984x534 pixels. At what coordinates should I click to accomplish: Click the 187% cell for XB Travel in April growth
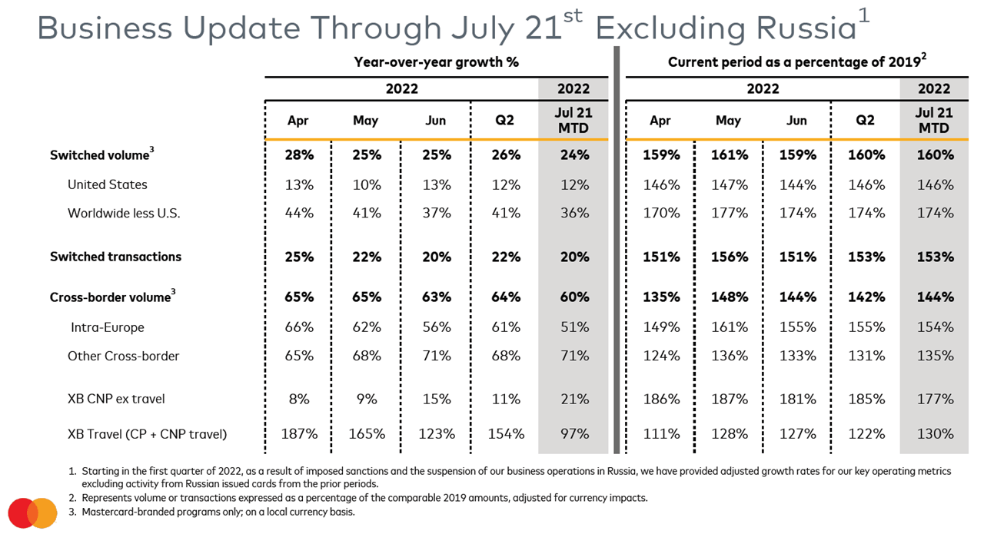click(x=298, y=434)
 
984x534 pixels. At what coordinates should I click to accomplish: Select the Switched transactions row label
click(x=115, y=257)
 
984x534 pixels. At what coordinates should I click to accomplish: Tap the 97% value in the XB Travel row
click(x=574, y=434)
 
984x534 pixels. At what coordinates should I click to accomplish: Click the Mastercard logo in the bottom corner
click(x=33, y=512)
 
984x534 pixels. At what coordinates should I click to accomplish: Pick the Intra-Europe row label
click(x=107, y=327)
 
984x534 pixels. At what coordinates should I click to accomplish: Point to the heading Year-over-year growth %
click(x=436, y=62)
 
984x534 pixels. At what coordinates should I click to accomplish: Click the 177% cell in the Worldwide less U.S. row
click(x=729, y=213)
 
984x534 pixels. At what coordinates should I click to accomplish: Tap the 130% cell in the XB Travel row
click(x=934, y=434)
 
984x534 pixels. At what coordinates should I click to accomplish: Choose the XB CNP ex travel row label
click(x=116, y=399)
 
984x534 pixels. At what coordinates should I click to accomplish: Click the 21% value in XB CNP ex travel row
click(x=574, y=399)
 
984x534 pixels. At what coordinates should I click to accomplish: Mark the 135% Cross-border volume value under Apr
click(x=660, y=297)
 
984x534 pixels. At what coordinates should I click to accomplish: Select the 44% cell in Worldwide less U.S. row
click(x=298, y=213)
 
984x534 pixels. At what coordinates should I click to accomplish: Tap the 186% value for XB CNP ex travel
click(x=660, y=399)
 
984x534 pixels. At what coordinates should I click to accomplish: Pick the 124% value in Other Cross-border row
click(x=660, y=356)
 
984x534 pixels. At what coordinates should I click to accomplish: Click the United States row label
click(x=107, y=184)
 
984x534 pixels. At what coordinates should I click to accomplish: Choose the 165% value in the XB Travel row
click(x=367, y=434)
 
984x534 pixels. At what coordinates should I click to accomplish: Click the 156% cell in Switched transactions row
click(x=729, y=257)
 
